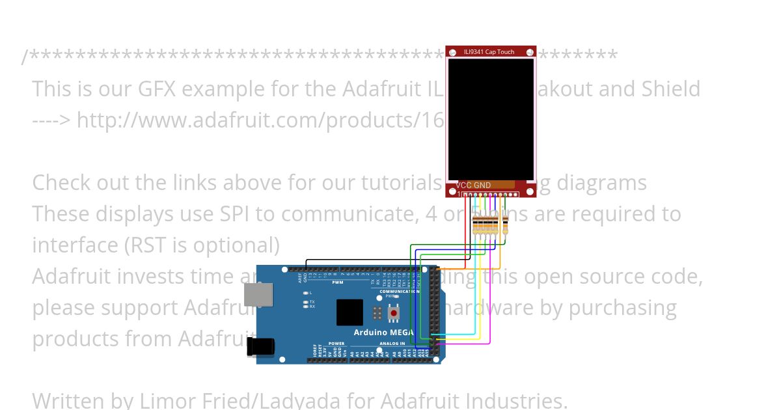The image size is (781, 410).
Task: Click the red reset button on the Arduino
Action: [393, 313]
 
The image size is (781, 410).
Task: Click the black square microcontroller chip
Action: [349, 312]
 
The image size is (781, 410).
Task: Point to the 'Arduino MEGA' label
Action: [384, 333]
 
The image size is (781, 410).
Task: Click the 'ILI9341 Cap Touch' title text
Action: [489, 52]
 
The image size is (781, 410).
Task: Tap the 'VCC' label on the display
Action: [463, 185]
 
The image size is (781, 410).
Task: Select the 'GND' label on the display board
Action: [482, 185]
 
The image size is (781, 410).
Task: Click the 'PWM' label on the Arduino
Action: [338, 283]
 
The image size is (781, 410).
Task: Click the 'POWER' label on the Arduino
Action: [336, 344]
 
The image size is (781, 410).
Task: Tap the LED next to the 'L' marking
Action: [305, 293]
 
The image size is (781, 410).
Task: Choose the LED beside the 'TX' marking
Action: [305, 302]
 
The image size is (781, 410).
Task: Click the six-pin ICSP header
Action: [377, 313]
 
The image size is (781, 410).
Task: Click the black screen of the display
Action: [491, 117]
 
